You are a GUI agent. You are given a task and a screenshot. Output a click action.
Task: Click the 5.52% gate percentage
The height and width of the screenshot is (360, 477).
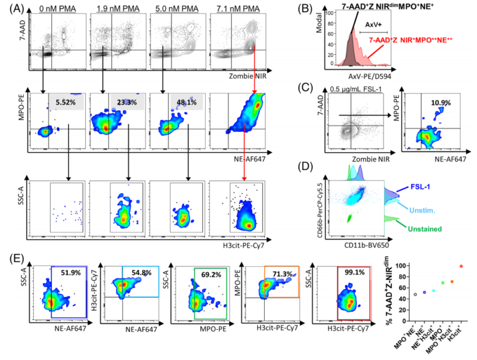coord(66,102)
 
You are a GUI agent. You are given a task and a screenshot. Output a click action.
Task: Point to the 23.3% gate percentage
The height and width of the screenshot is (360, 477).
coord(125,102)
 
